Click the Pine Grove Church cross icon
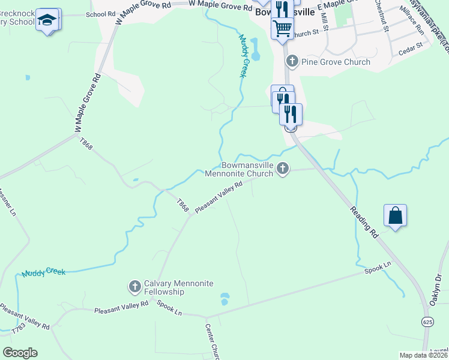coord(292,61)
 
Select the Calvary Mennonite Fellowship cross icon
coord(135,287)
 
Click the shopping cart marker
coord(282,27)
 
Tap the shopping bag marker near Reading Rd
coord(396,215)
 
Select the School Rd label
coord(100,14)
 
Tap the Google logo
coord(20,353)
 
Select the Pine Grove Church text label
coord(336,62)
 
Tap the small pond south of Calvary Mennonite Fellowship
coord(225,298)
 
